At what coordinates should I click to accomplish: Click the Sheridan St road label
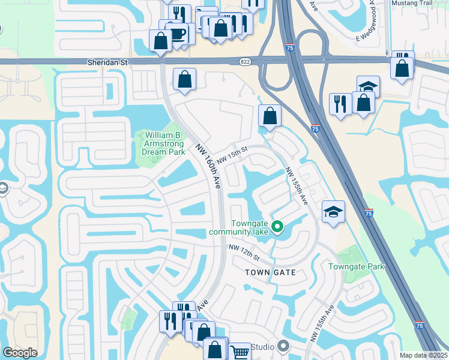coord(109,61)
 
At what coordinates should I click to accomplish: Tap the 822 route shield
coord(262,61)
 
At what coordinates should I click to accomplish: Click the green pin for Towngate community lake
coord(277,226)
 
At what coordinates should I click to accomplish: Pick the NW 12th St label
coord(243,253)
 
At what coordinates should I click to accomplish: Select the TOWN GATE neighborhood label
coord(271,272)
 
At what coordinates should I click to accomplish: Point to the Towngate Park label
coord(356,266)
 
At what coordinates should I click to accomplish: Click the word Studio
coord(262,347)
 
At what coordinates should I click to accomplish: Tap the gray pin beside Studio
coord(284,347)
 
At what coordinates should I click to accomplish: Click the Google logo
coord(20,353)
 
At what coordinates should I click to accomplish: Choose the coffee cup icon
coord(177,34)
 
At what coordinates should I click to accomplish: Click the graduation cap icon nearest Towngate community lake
coord(333,212)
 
